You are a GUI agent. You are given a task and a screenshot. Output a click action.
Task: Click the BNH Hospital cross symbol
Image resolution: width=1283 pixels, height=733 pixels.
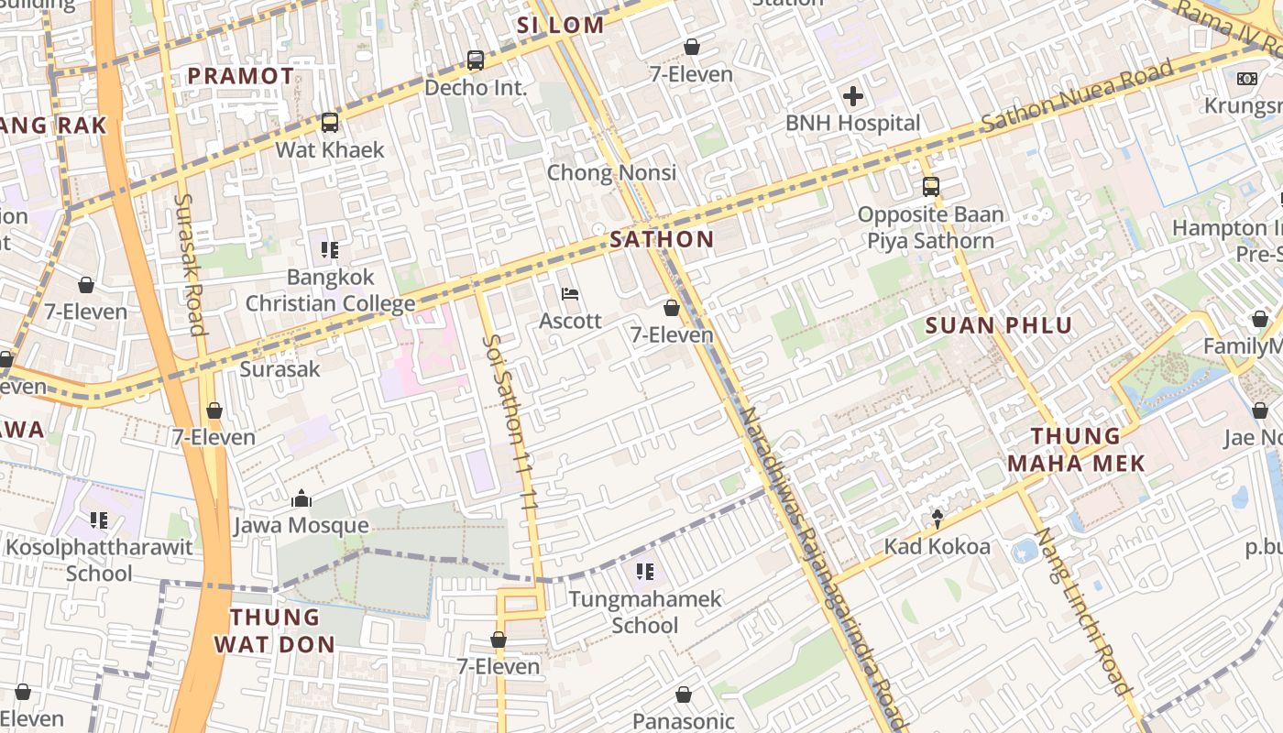pyautogui.click(x=852, y=95)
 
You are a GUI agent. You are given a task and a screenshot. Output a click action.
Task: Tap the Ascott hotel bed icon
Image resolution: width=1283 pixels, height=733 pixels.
pyautogui.click(x=570, y=294)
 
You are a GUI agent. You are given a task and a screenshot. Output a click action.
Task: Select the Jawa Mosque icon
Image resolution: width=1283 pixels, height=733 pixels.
pyautogui.click(x=301, y=499)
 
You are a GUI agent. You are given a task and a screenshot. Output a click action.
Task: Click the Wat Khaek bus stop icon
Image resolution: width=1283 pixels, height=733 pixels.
pyautogui.click(x=329, y=122)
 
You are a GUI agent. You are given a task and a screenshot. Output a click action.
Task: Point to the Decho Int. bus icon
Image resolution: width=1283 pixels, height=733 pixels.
pyautogui.click(x=475, y=60)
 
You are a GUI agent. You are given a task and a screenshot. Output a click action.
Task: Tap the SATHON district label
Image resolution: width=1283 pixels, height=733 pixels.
pyautogui.click(x=662, y=240)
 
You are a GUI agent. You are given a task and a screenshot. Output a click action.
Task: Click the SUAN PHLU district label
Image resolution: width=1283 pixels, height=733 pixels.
pyautogui.click(x=998, y=325)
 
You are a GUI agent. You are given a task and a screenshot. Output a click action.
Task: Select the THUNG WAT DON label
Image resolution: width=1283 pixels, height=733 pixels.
pyautogui.click(x=275, y=630)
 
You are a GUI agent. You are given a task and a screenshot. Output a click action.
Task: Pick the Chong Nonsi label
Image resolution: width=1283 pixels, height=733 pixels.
pyautogui.click(x=611, y=172)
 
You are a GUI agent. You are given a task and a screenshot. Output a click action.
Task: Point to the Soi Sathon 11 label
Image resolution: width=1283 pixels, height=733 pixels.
pyautogui.click(x=510, y=421)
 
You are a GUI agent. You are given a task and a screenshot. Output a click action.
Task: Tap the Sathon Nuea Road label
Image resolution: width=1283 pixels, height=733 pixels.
pyautogui.click(x=1077, y=94)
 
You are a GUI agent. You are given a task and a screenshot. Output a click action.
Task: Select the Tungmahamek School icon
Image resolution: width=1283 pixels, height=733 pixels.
pyautogui.click(x=645, y=572)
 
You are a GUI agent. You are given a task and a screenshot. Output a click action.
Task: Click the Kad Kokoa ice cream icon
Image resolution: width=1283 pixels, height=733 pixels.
pyautogui.click(x=937, y=520)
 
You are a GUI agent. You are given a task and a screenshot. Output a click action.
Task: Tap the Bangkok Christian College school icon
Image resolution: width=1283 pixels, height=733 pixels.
pyautogui.click(x=330, y=249)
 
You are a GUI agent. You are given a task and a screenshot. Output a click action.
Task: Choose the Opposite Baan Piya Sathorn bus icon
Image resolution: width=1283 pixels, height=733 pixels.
pyautogui.click(x=930, y=187)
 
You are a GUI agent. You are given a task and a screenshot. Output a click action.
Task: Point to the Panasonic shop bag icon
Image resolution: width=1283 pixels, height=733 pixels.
pyautogui.click(x=683, y=695)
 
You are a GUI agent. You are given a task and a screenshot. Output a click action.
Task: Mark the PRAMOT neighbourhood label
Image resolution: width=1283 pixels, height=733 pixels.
pyautogui.click(x=241, y=76)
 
